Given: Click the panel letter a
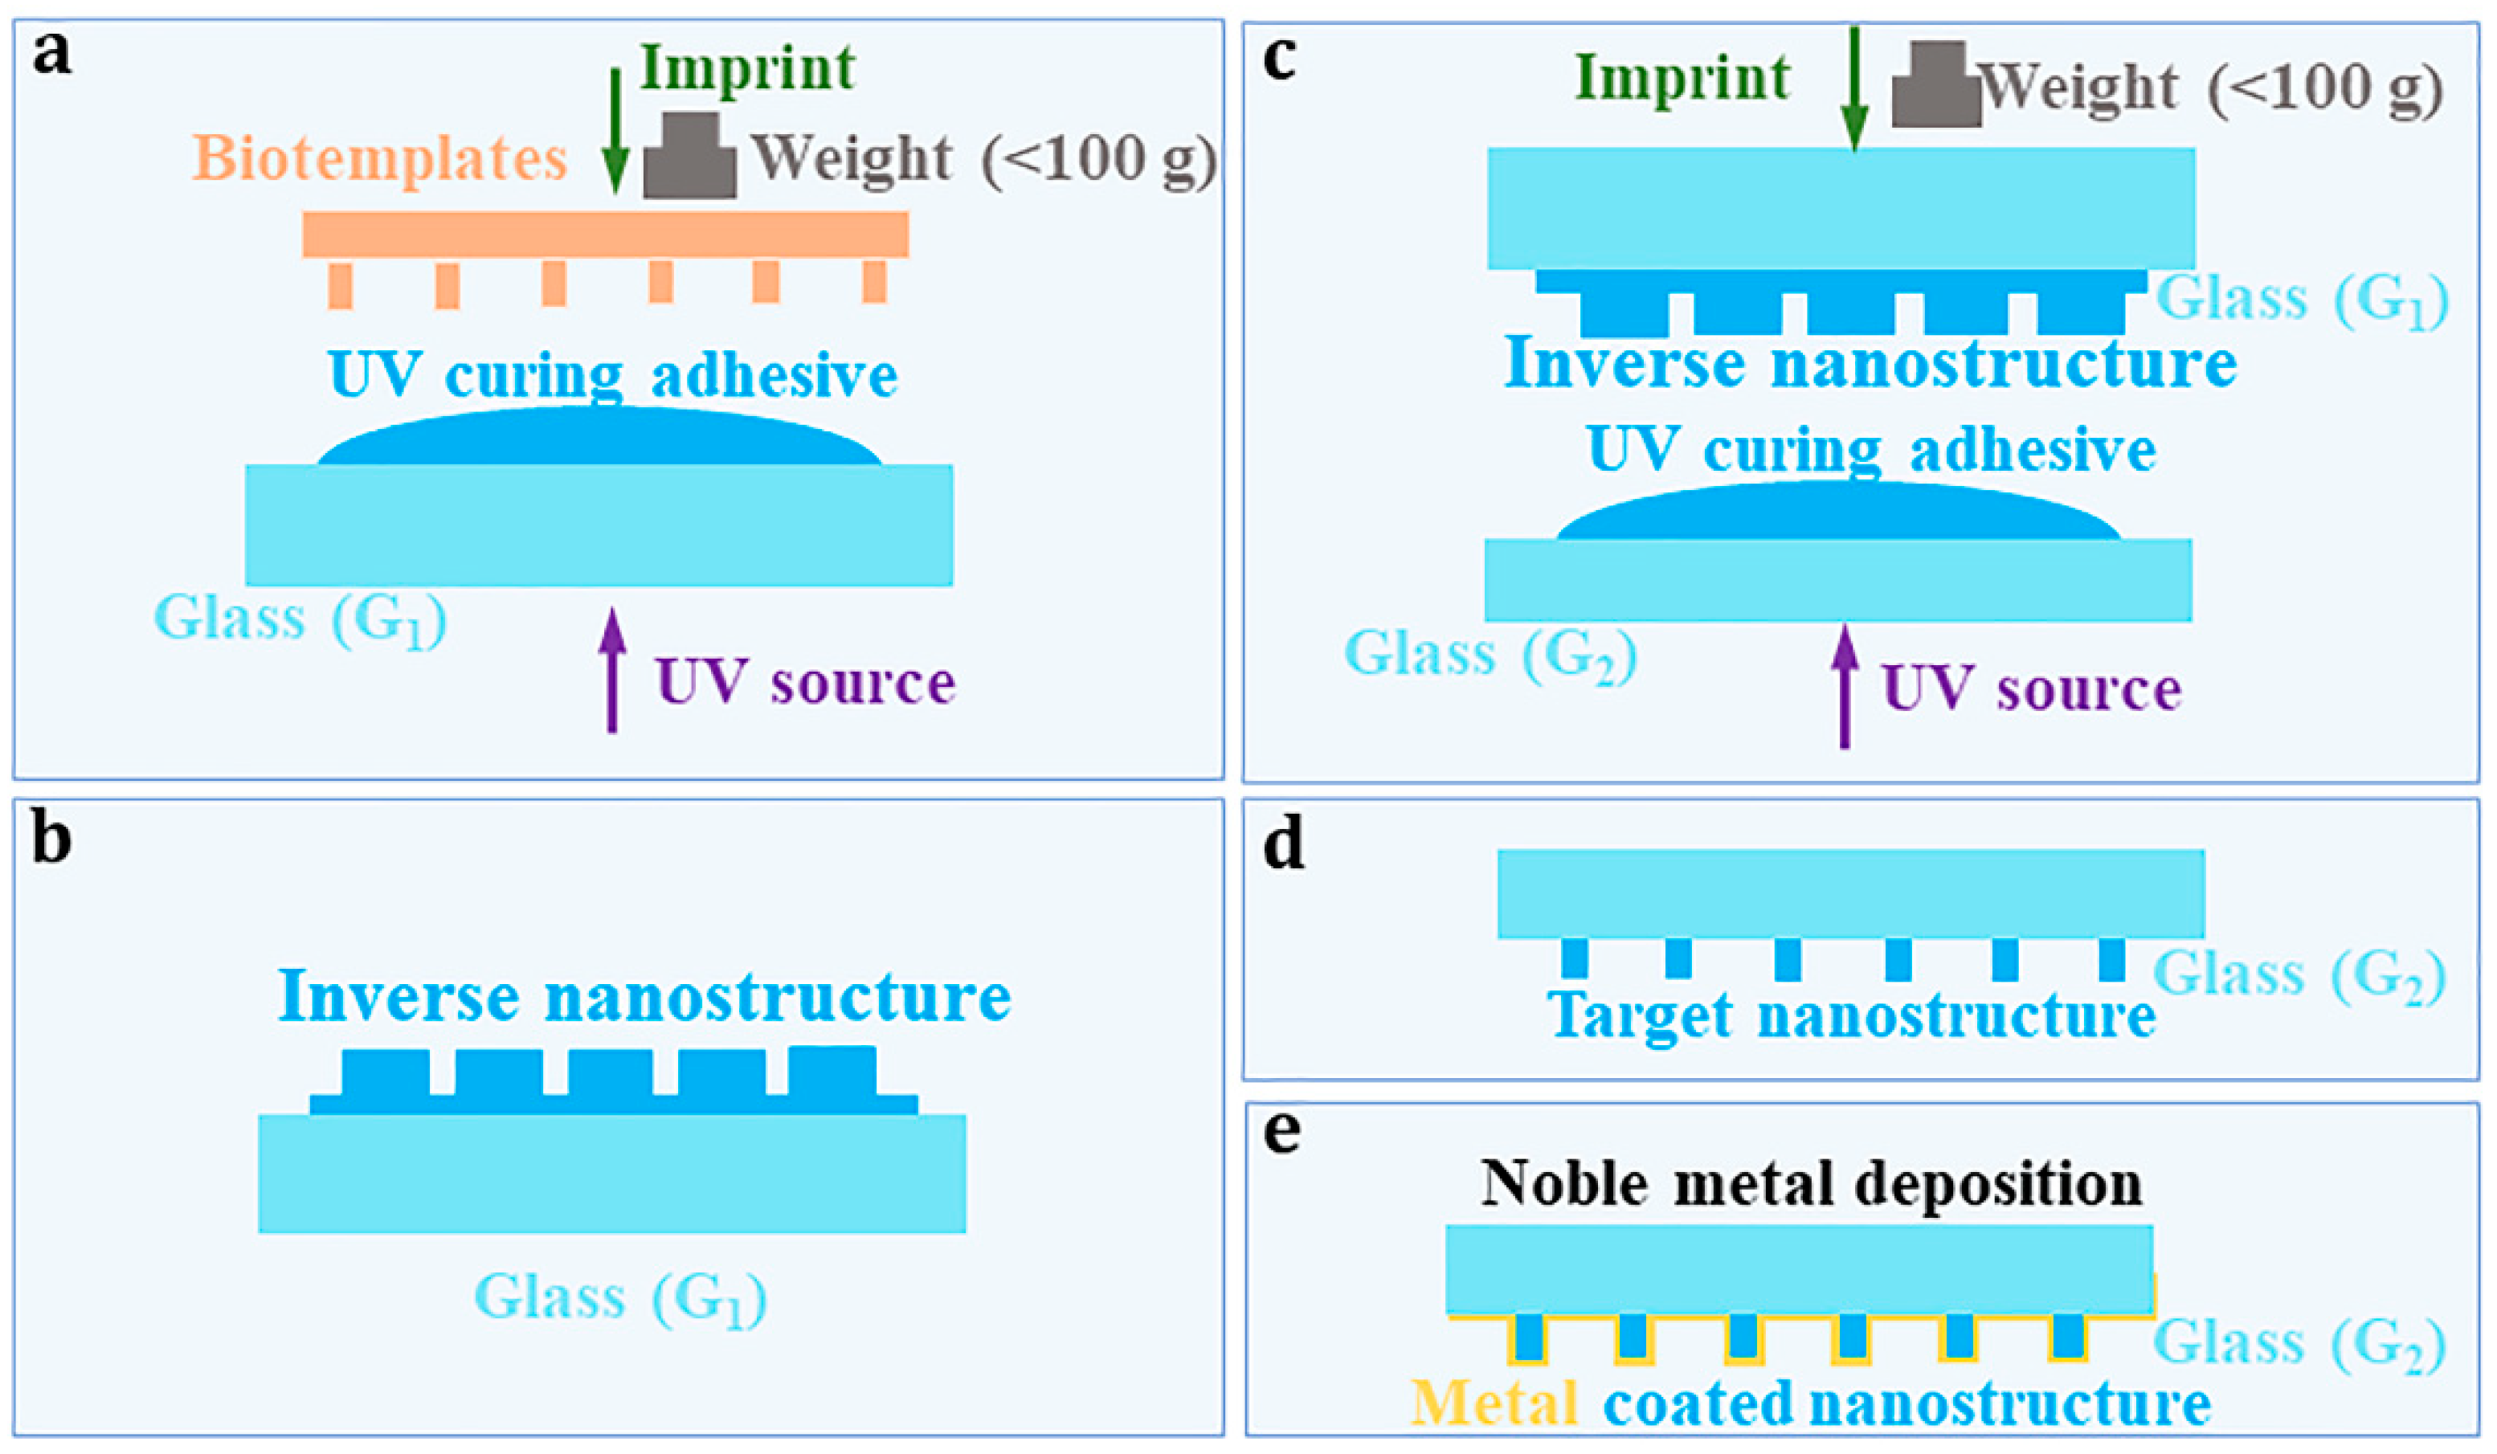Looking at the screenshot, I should [x=51, y=55].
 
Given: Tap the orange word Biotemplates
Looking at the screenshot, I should [x=379, y=158].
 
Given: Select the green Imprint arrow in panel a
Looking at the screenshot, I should [x=615, y=129].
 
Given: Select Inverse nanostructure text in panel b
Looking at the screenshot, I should [x=644, y=995].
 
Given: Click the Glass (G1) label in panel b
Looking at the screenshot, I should [x=620, y=1297].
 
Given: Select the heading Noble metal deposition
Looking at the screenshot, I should [x=1812, y=1182].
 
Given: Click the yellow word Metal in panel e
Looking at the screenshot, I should [x=1494, y=1403].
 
